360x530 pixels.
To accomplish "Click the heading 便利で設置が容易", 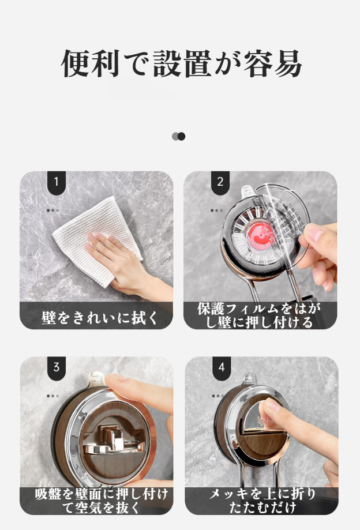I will (x=181, y=63).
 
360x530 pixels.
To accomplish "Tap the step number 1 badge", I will (x=56, y=182).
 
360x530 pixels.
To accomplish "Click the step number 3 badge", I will (x=56, y=367).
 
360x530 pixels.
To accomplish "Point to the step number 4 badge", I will (x=222, y=367).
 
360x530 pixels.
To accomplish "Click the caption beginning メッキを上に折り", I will (x=262, y=501).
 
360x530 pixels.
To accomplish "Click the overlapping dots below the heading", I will (x=179, y=137).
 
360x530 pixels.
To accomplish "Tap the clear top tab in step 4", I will (x=250, y=379).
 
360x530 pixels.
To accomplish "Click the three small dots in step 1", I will (x=52, y=211).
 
